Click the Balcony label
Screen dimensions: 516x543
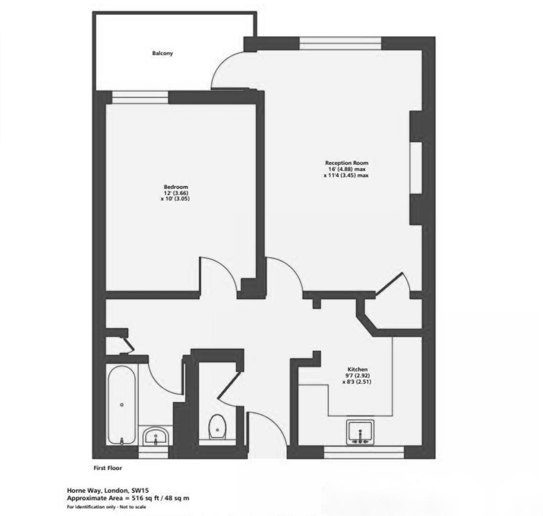point(162,54)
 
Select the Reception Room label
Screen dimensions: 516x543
point(347,163)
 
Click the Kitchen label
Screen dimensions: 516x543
point(357,369)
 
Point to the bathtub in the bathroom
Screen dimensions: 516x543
point(122,405)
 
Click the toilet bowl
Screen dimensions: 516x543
point(217,426)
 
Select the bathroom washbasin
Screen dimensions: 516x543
point(155,436)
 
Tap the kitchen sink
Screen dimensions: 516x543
point(361,432)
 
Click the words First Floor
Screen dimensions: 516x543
point(107,468)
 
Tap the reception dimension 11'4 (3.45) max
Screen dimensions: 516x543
point(346,175)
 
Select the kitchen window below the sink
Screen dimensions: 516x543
point(364,450)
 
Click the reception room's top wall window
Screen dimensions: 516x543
point(340,43)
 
